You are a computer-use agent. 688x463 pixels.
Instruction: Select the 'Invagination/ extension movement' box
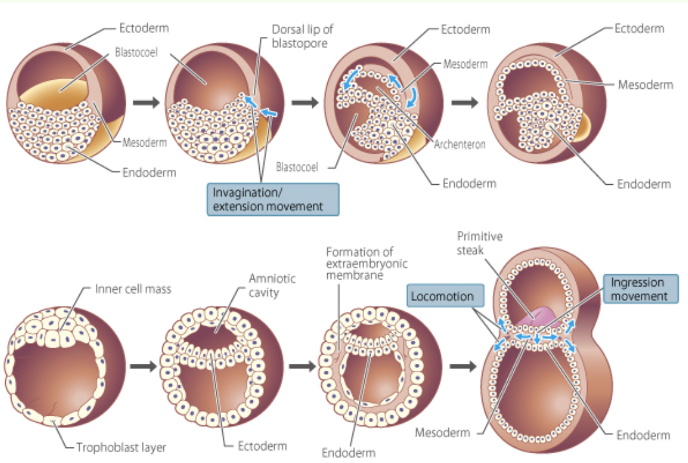273,199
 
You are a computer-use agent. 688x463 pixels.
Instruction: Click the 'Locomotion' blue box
445,296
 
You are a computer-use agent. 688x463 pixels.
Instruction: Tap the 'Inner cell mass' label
133,289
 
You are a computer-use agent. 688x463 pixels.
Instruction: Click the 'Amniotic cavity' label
272,285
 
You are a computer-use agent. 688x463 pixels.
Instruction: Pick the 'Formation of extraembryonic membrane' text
361,263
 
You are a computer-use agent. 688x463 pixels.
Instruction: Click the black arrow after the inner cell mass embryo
144,365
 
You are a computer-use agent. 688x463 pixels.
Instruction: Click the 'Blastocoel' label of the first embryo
133,51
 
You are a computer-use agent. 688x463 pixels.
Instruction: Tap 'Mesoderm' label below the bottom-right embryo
442,432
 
